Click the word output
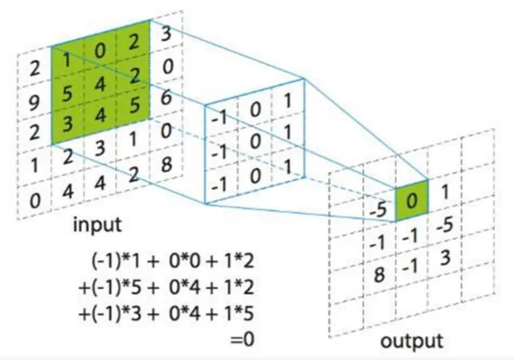click(411, 341)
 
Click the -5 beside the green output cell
click(377, 210)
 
